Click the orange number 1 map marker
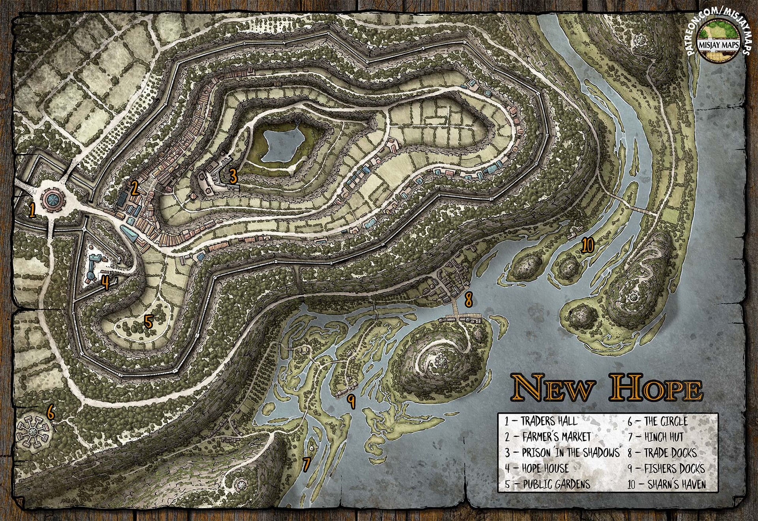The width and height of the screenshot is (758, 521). point(32,211)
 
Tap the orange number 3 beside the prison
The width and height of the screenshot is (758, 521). point(233,176)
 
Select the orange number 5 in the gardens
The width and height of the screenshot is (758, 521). point(148,322)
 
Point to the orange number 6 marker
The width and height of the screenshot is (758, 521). point(50,412)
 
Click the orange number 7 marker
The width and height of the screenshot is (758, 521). point(307,464)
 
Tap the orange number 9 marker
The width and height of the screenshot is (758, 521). point(351,402)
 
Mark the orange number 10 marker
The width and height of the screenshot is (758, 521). point(587,246)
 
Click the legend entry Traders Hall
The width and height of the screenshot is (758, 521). point(541,421)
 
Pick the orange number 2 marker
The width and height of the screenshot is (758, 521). point(134,189)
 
